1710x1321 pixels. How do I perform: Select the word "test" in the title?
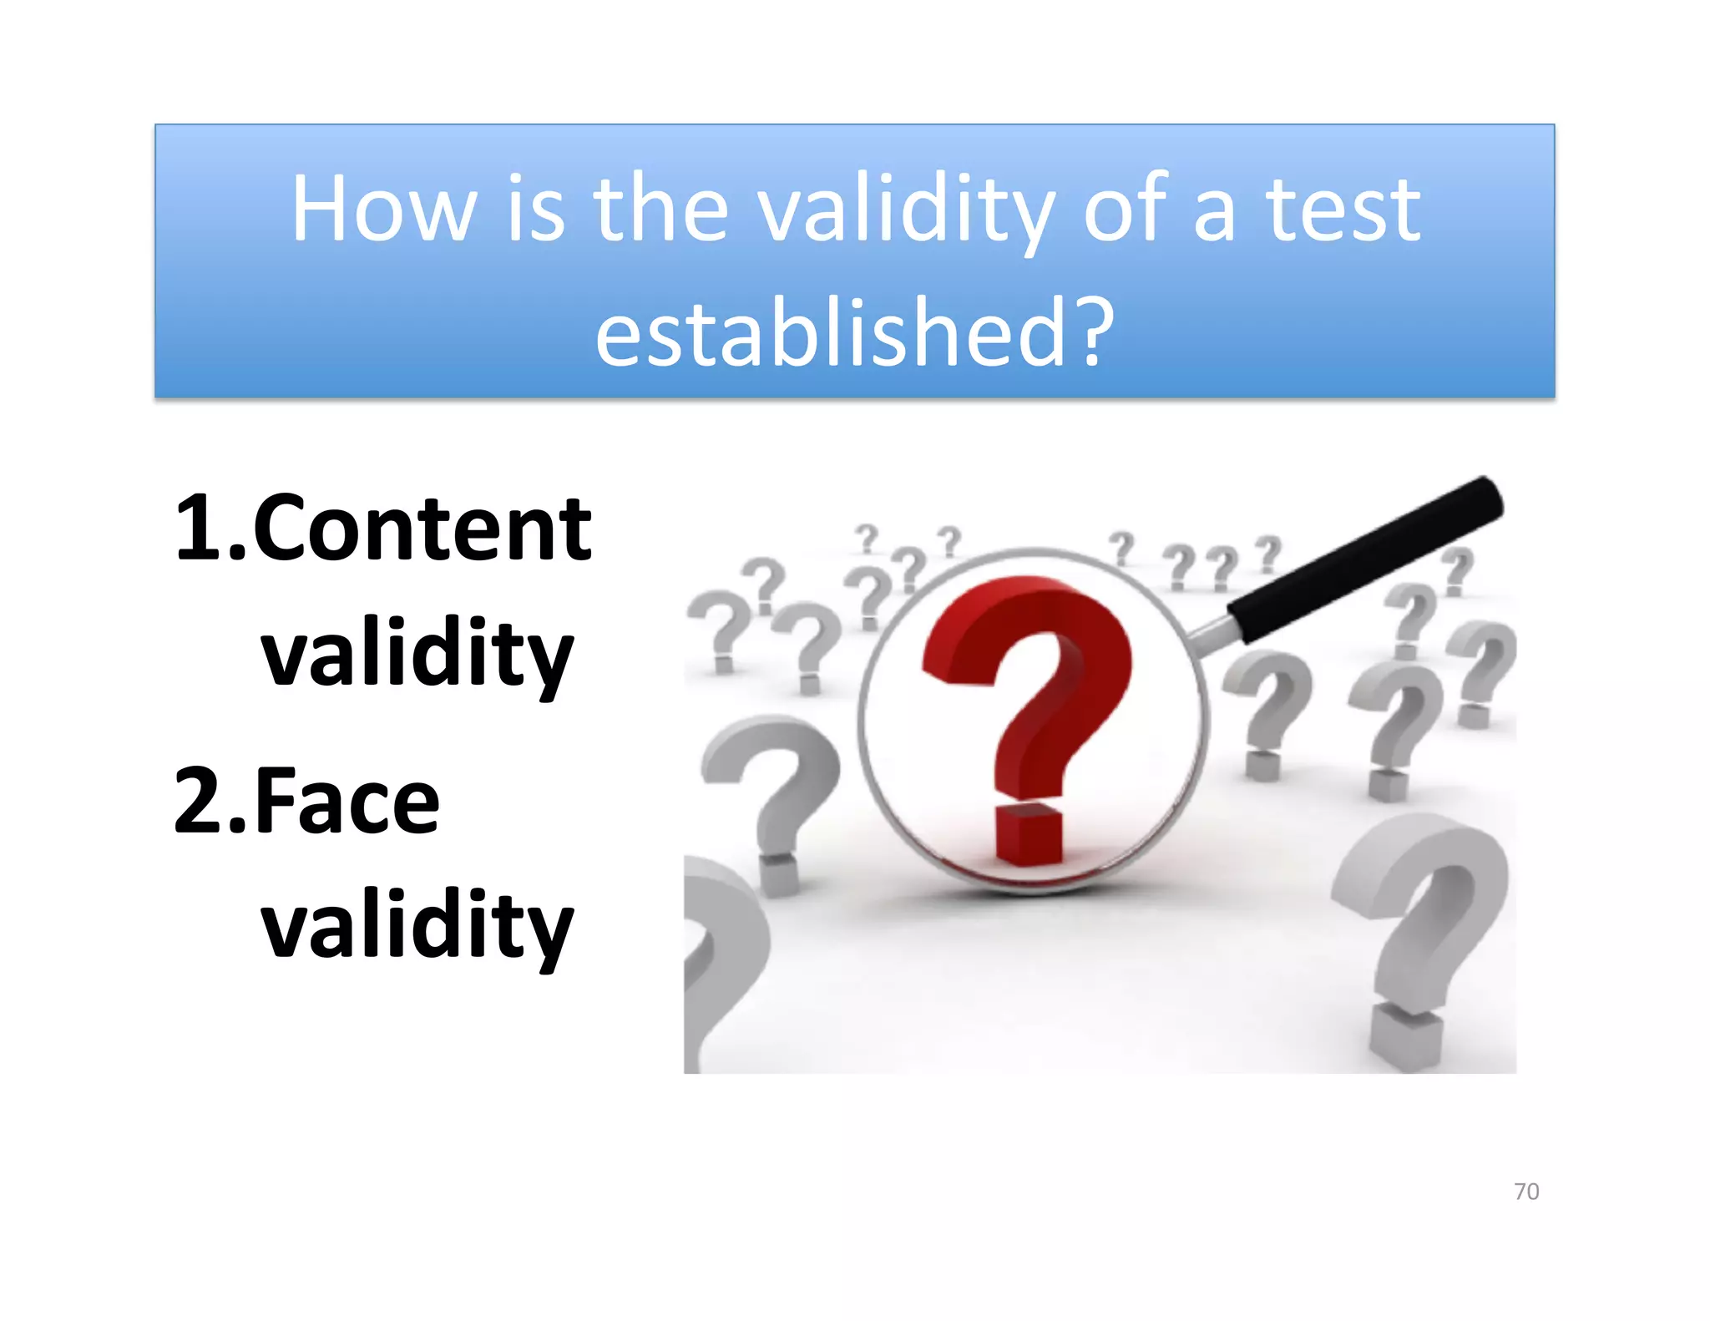(1343, 209)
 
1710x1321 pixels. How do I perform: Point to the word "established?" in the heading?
(854, 332)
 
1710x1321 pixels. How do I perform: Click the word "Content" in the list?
(422, 529)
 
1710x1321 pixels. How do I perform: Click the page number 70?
(1526, 1192)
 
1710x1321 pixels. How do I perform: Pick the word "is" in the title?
(535, 209)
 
